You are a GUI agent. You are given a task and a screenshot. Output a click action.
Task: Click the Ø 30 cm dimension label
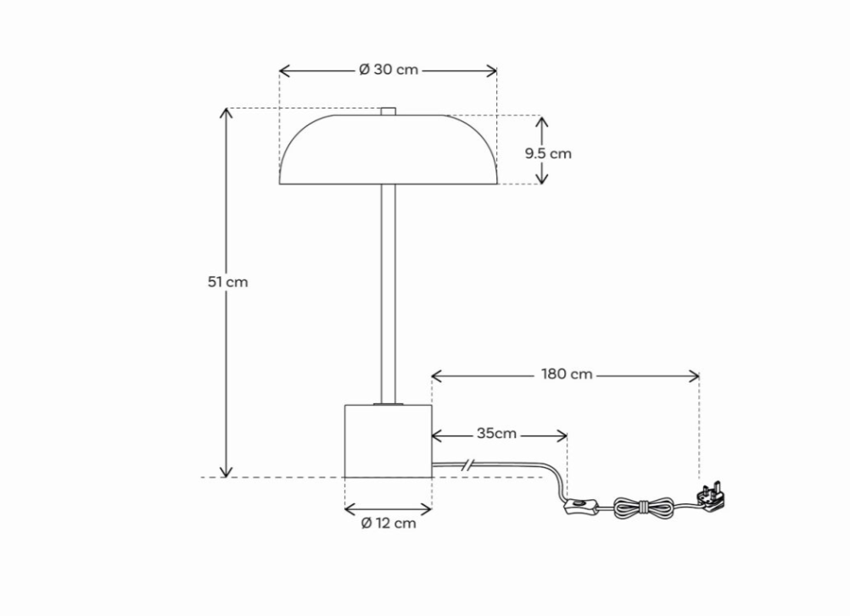(x=389, y=70)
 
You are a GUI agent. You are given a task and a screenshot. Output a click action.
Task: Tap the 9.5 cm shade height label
(x=547, y=153)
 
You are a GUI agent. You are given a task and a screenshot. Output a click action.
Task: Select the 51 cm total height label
(x=228, y=281)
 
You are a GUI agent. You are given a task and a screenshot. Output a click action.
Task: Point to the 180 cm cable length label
(x=567, y=374)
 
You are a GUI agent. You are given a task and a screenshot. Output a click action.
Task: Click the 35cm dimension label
(x=496, y=434)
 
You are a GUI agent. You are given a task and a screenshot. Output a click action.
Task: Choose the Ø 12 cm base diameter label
(x=389, y=523)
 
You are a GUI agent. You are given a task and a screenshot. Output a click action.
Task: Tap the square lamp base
(x=388, y=441)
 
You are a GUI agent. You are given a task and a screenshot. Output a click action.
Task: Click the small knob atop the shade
(x=389, y=110)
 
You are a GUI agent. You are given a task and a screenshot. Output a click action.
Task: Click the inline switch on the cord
(x=579, y=508)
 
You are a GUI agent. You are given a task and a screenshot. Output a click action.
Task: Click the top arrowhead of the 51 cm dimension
(x=226, y=112)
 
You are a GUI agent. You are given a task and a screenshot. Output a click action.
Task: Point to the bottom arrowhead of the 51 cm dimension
(x=226, y=474)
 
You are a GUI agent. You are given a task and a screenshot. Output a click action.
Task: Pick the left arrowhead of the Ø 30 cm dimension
(x=283, y=70)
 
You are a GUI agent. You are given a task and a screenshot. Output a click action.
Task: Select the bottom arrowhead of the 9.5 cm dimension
(x=543, y=180)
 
